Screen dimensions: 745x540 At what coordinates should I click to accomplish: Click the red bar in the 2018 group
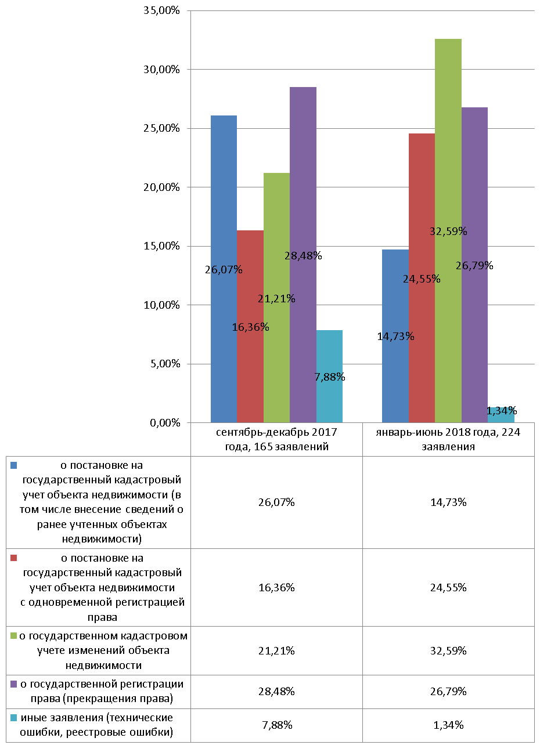coord(422,278)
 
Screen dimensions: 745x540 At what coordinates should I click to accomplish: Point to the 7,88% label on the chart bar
coord(330,377)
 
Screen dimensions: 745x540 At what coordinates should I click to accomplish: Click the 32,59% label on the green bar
coord(448,231)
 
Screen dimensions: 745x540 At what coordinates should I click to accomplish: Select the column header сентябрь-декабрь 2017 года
coord(276,440)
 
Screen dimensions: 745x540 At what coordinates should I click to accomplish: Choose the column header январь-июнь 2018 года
coord(449,440)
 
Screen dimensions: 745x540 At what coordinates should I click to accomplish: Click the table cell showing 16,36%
coord(276,588)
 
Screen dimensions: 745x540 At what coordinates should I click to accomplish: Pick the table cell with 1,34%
coord(449,725)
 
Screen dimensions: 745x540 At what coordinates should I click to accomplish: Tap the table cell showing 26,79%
coord(449,692)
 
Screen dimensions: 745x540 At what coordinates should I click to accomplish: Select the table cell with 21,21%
coord(276,650)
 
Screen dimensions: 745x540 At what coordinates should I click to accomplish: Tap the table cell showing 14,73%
coord(449,502)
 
